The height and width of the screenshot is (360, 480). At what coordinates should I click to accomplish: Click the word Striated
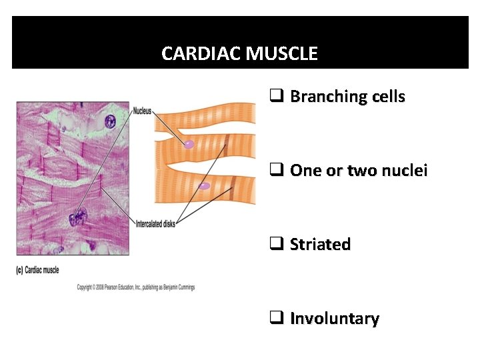coord(320,245)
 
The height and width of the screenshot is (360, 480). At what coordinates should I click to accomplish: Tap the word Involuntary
coord(335,319)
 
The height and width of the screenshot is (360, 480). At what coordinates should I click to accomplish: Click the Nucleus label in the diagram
coord(142,111)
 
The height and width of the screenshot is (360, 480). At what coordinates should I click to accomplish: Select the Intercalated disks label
coord(155,224)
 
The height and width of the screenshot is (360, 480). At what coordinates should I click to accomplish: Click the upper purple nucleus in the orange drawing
coord(189,143)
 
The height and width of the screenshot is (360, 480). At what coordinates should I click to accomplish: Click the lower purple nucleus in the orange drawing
coord(205,186)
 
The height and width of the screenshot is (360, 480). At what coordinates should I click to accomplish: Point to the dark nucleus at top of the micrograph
coord(109,121)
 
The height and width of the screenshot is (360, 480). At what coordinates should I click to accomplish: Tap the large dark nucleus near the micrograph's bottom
coord(78,217)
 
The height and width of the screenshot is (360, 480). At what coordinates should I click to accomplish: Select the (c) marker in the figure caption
coord(20,270)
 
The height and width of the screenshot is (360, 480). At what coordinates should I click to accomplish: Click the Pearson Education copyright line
coord(135,287)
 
